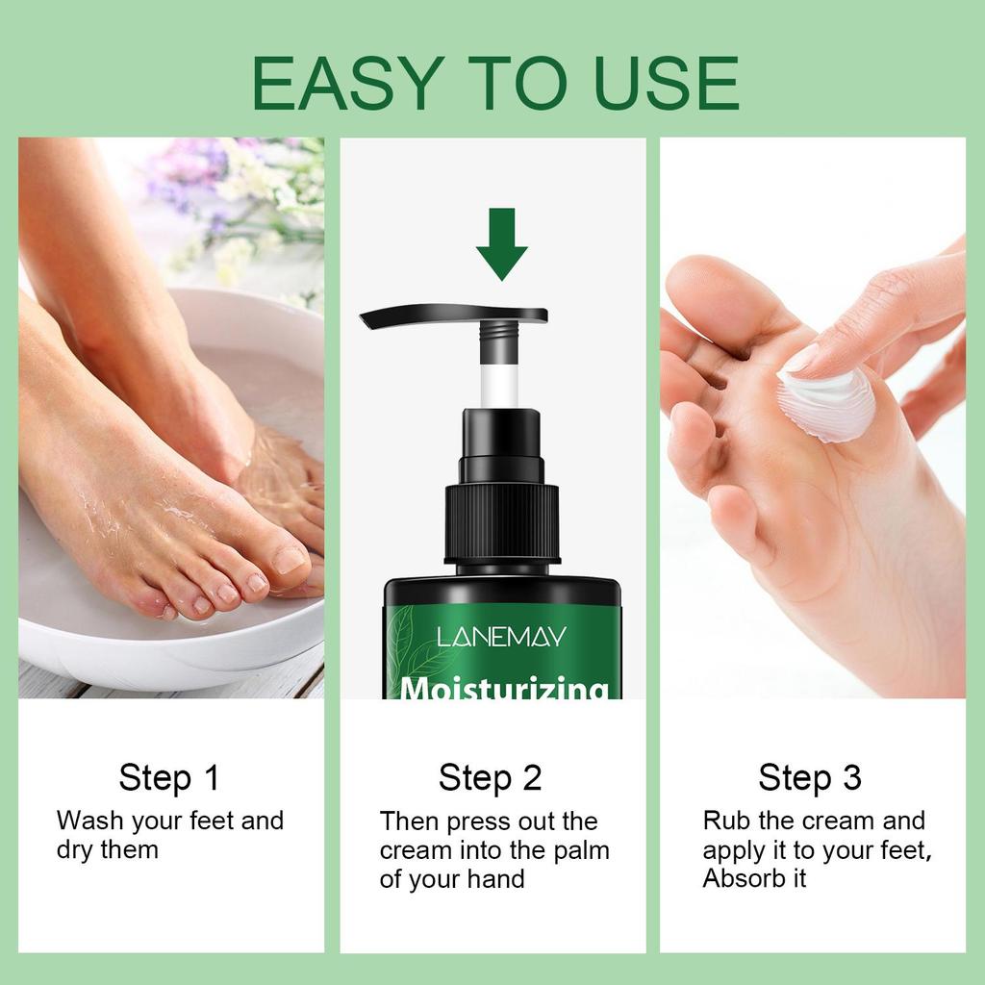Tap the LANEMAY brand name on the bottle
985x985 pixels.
pos(501,637)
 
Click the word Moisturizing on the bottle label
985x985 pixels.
pos(504,688)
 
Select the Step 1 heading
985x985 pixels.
pos(169,777)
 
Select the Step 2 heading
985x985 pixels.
pos(491,777)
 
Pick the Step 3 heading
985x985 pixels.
pos(810,777)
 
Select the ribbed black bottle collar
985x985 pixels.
pos(501,522)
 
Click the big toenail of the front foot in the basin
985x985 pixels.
pos(290,558)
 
